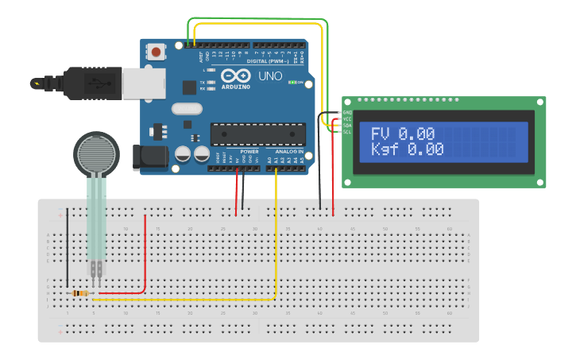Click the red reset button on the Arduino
tap(157, 52)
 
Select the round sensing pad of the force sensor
tap(96, 153)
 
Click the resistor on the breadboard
tap(80, 293)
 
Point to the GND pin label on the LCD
tap(347, 114)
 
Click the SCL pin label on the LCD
tap(347, 132)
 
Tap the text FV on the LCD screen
tap(381, 134)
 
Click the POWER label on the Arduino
tap(249, 150)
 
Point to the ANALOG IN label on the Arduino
tap(289, 150)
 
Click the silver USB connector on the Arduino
tap(144, 82)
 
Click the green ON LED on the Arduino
tap(293, 82)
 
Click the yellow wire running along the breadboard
tap(183, 300)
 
